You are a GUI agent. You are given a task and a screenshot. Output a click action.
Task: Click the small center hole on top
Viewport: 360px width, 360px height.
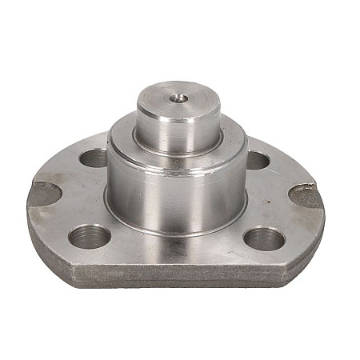point(180,99)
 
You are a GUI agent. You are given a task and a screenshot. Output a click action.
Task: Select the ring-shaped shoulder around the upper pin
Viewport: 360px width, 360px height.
point(128,134)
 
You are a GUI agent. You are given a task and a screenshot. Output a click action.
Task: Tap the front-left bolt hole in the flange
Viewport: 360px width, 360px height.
point(89,236)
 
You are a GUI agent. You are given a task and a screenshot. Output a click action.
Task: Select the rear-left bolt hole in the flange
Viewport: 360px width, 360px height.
point(94,158)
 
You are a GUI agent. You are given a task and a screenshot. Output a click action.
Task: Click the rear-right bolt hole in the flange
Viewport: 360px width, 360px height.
point(256,160)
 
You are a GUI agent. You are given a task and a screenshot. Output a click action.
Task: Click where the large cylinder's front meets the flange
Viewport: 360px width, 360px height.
point(176,233)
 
